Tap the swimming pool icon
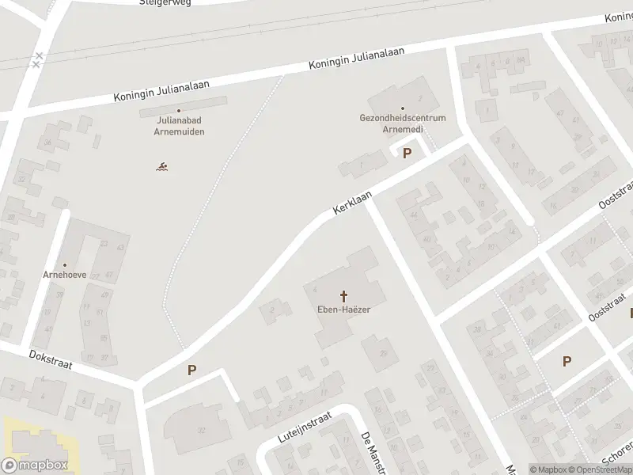coord(161,166)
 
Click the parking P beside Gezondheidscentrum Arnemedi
coord(407,154)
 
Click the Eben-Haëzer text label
coord(344,310)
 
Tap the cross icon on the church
coord(344,296)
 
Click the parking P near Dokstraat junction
coord(191,370)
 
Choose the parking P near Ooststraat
coord(567,361)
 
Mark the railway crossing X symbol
coord(37,60)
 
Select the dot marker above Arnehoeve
coord(65,265)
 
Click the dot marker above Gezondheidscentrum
coord(403,108)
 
